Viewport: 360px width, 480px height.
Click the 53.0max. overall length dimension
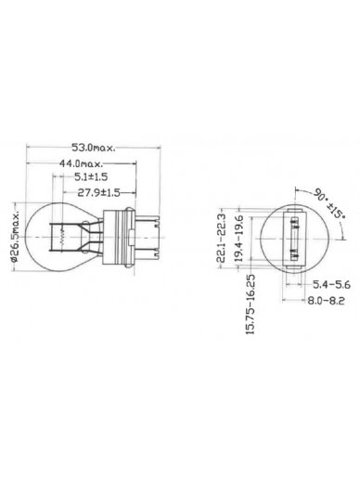pyautogui.click(x=94, y=148)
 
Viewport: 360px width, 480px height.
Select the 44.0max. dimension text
pyautogui.click(x=82, y=163)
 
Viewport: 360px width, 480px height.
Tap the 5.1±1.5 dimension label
pyautogui.click(x=91, y=176)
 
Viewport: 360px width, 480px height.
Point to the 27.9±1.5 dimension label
pyautogui.click(x=98, y=193)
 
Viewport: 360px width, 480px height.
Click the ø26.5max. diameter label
pyautogui.click(x=16, y=237)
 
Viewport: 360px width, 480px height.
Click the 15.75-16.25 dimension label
pyautogui.click(x=251, y=305)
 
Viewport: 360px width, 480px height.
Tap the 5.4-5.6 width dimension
pyautogui.click(x=331, y=284)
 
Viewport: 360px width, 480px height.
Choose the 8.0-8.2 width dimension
pyautogui.click(x=326, y=300)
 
